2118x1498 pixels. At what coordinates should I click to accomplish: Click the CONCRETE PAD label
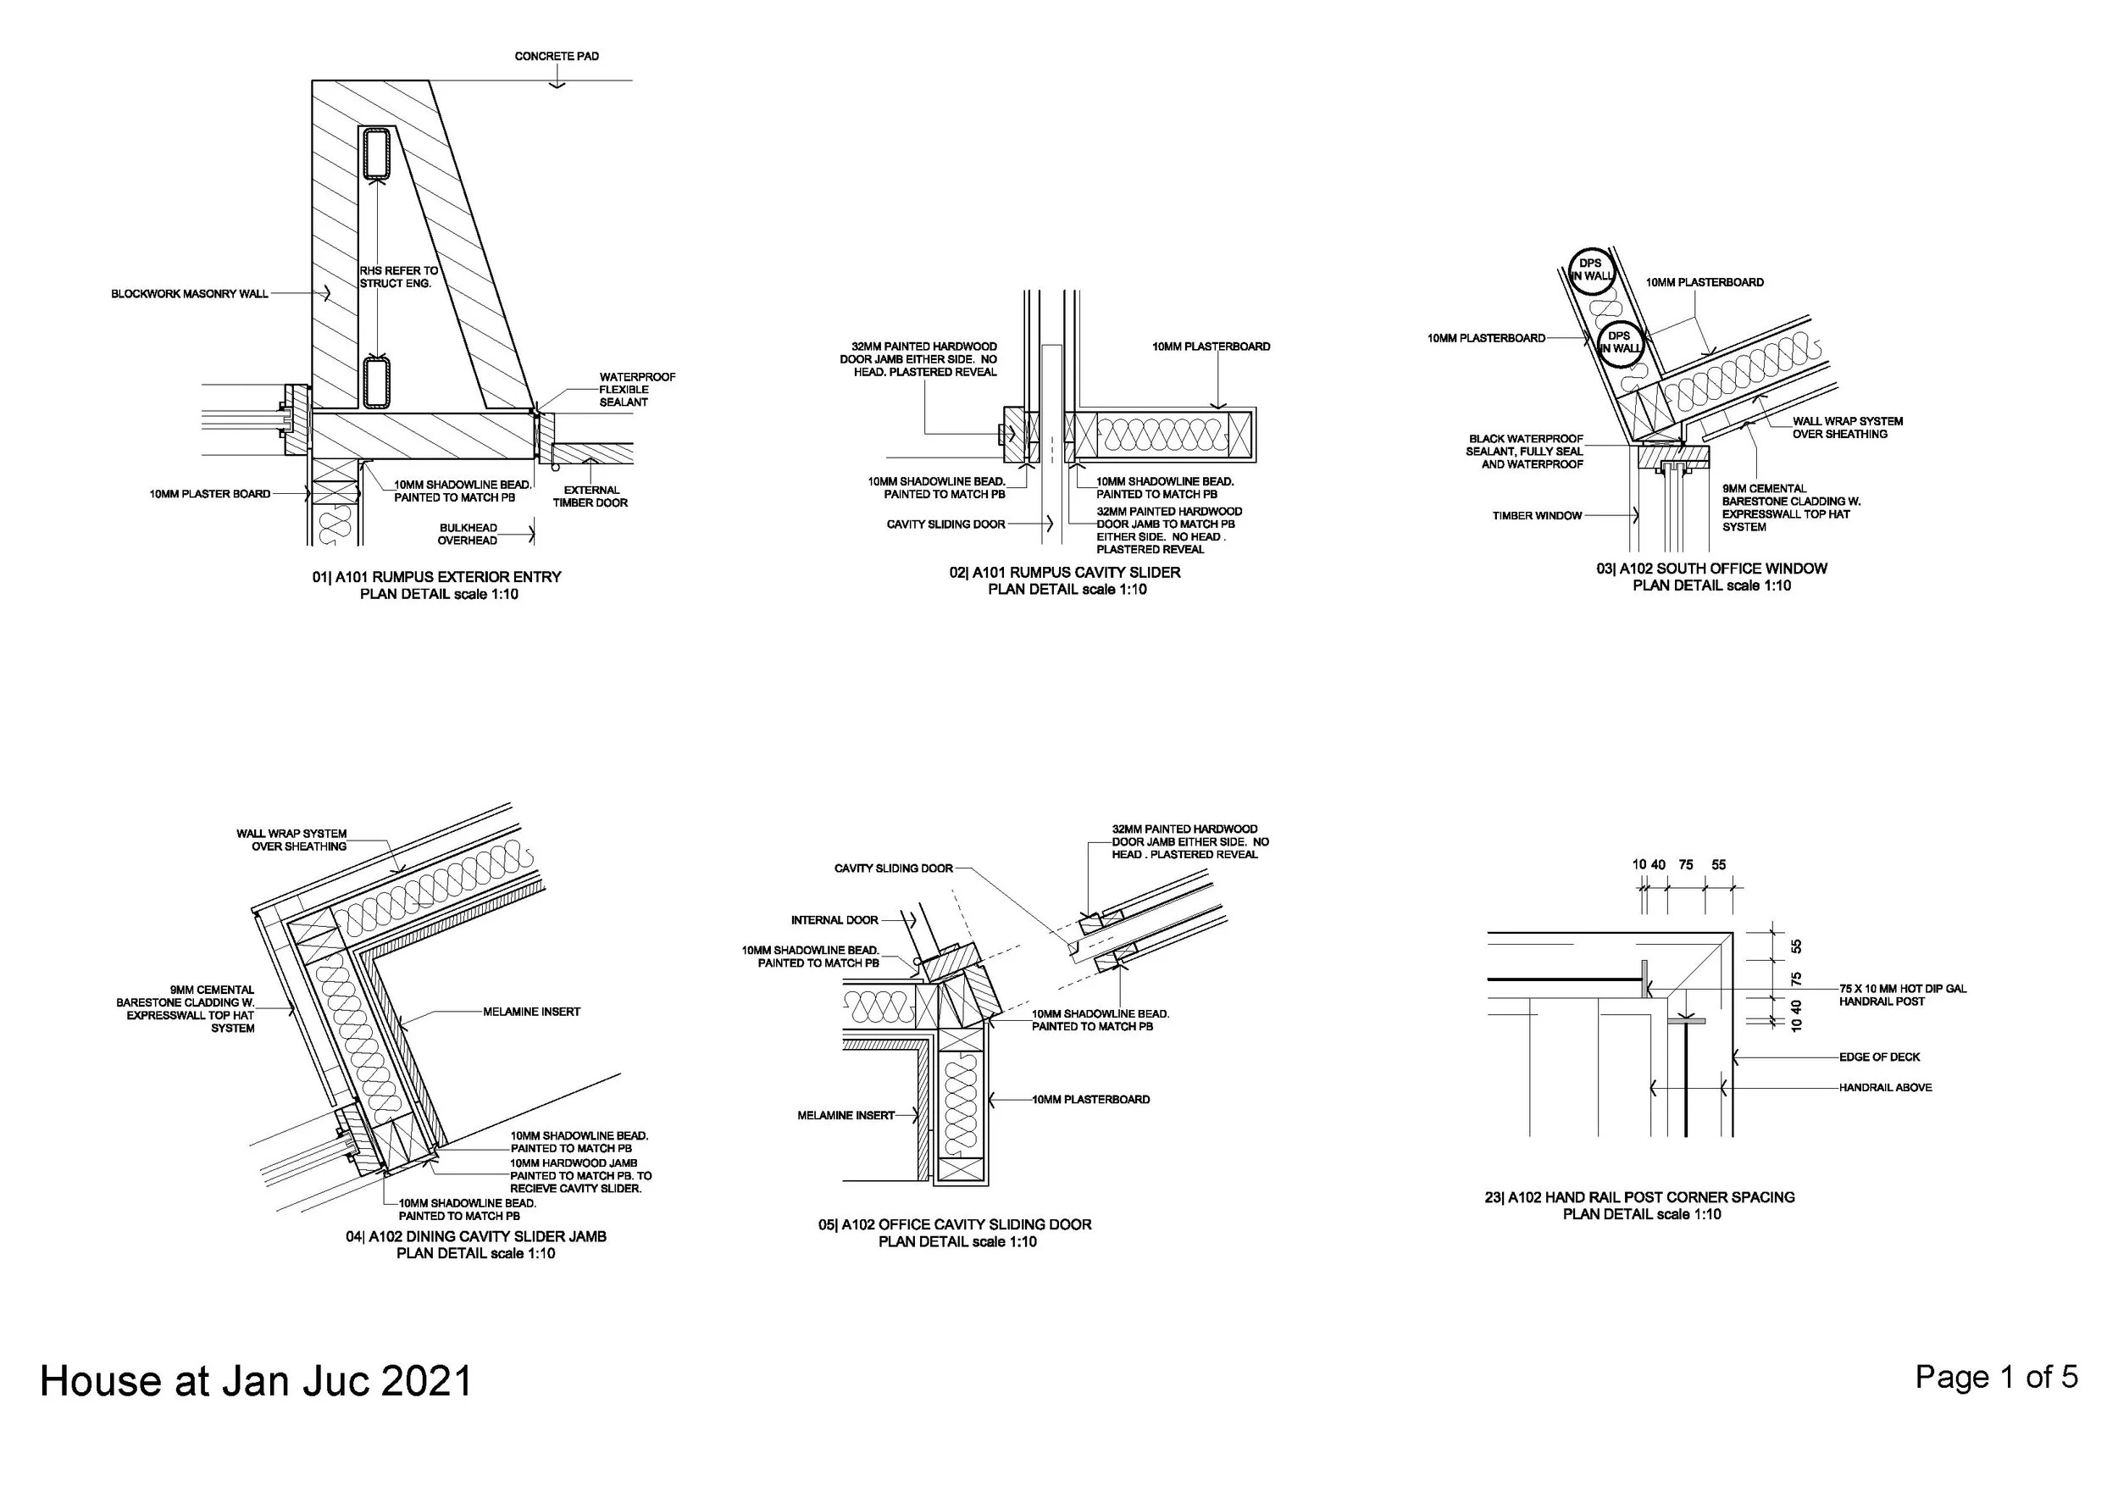[557, 56]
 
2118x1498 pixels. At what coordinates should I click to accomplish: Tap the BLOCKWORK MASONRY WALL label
[189, 294]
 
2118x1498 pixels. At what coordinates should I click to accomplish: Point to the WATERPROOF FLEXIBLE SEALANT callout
[636, 389]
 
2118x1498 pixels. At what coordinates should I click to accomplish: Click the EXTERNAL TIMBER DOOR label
[590, 497]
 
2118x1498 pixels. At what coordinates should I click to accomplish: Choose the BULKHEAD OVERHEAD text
[468, 534]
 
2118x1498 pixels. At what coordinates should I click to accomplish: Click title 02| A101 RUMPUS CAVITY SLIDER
[1066, 572]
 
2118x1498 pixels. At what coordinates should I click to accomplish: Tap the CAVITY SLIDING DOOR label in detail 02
[945, 524]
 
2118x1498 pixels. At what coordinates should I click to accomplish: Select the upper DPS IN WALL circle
[1590, 269]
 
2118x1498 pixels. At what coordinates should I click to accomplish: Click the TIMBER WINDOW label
[1537, 516]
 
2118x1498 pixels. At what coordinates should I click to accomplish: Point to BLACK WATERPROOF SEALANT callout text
[1524, 452]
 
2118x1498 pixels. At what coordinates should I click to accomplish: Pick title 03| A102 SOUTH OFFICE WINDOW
[1711, 569]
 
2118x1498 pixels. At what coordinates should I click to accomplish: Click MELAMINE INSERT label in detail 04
[531, 1012]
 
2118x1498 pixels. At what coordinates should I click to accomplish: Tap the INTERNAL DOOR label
[834, 919]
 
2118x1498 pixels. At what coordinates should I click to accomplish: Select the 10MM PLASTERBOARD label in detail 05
[1090, 1100]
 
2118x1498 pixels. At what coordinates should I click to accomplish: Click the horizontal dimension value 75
[1685, 864]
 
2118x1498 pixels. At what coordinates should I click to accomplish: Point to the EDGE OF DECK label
[1879, 1057]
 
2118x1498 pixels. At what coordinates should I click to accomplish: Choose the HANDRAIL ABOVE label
[1885, 1088]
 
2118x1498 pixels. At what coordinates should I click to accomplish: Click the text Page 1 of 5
[1996, 1377]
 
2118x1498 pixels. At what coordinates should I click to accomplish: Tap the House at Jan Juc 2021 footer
[256, 1382]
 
